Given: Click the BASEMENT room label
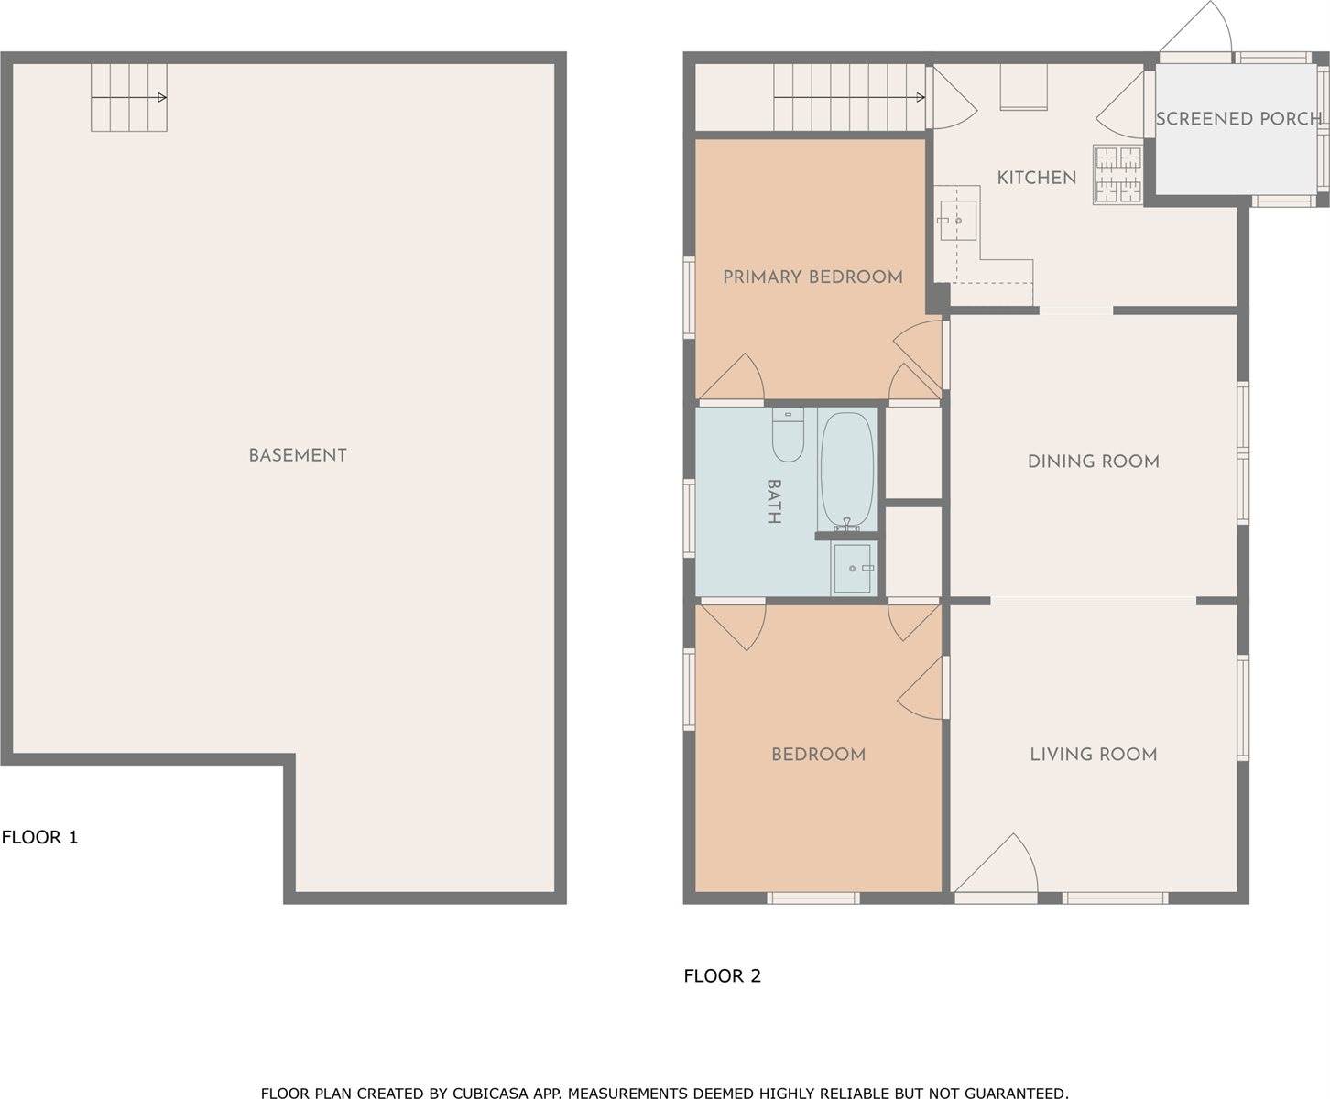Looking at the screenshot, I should pyautogui.click(x=298, y=455).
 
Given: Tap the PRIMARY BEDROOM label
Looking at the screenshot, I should pyautogui.click(x=812, y=277).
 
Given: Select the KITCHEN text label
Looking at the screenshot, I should pyautogui.click(x=1036, y=178).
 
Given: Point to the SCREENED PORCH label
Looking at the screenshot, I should pyautogui.click(x=1238, y=119).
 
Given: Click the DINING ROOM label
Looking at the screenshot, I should pyautogui.click(x=1093, y=462).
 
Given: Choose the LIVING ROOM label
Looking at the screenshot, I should pyautogui.click(x=1093, y=755).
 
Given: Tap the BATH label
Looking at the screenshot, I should pyautogui.click(x=774, y=501).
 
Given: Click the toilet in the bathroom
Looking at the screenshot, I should pyautogui.click(x=788, y=435).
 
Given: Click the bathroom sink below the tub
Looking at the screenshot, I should pyautogui.click(x=854, y=569).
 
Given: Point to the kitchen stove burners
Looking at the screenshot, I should pyautogui.click(x=1117, y=175).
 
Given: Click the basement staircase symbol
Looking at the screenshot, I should pyautogui.click(x=128, y=97).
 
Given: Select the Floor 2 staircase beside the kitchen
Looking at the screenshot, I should pyautogui.click(x=849, y=97).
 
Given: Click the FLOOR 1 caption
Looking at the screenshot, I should pyautogui.click(x=40, y=837).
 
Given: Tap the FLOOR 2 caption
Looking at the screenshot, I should pyautogui.click(x=722, y=976).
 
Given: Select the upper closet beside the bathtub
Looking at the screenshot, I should pyautogui.click(x=914, y=453).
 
